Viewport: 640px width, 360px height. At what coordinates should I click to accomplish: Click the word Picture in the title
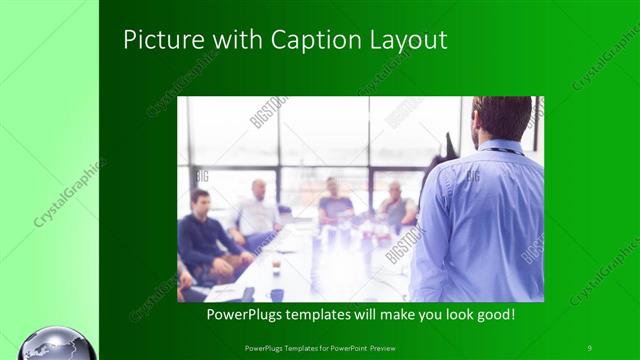click(155, 39)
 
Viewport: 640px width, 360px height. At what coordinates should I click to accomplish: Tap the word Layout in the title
click(411, 39)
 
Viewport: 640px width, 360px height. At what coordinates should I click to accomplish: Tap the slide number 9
click(589, 347)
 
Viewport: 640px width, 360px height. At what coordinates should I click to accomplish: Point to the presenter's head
click(502, 118)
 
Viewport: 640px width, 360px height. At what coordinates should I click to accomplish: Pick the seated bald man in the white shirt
click(258, 212)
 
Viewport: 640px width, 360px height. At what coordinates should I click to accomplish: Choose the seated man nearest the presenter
click(397, 207)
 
